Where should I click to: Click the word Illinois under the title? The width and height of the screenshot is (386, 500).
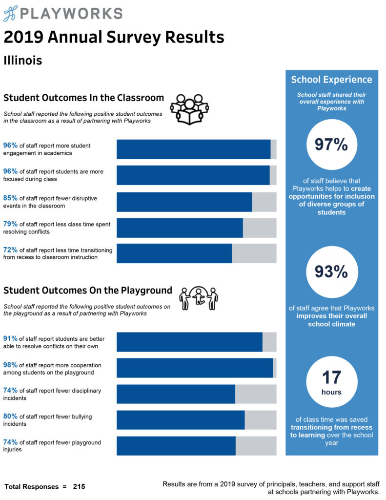[22, 61]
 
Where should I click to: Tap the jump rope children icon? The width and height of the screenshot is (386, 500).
[198, 298]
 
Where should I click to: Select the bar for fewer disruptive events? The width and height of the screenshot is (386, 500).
[196, 202]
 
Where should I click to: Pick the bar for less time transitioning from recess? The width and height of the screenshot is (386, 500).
[196, 253]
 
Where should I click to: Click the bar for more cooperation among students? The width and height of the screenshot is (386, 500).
[196, 368]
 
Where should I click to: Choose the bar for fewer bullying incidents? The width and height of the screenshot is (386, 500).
[196, 420]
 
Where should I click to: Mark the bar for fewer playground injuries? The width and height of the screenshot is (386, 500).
[196, 446]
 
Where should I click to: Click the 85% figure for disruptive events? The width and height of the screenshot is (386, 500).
[10, 198]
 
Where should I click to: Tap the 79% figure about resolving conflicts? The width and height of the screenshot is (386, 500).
[10, 224]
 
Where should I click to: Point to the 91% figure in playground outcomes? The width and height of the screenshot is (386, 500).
[10, 338]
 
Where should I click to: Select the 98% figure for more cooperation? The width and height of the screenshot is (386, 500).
[10, 365]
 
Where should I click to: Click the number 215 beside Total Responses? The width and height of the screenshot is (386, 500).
[79, 487]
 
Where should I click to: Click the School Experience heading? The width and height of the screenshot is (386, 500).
[331, 80]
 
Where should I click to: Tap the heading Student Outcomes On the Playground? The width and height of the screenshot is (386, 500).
[88, 291]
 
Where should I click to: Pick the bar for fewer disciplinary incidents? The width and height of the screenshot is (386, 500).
[196, 394]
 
